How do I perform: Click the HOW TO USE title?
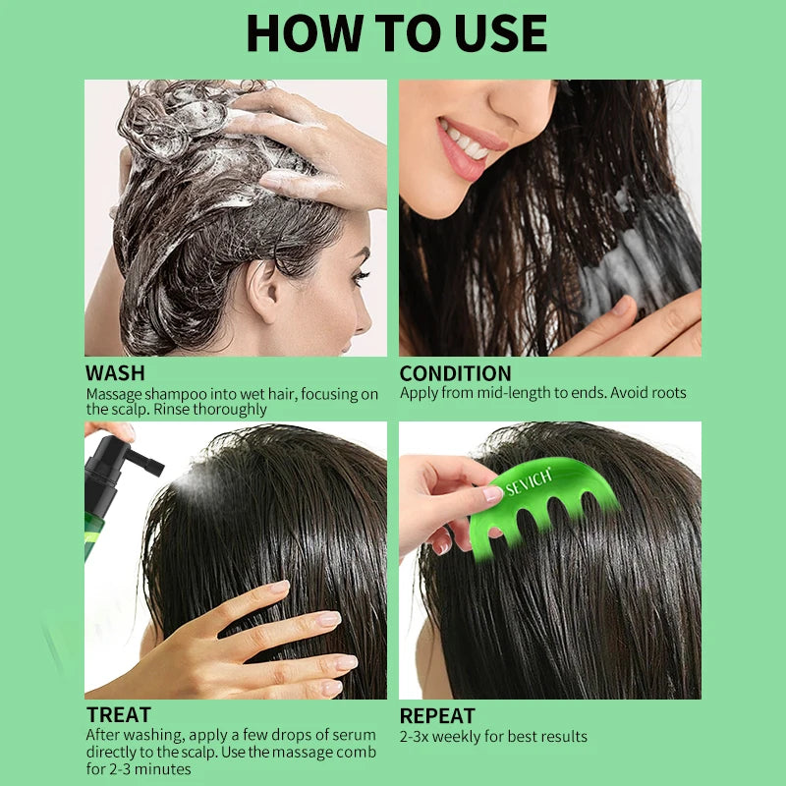(396, 33)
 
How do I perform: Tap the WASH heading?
(115, 373)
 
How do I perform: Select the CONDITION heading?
(455, 373)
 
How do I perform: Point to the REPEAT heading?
(437, 716)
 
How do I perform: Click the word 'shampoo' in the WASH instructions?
(177, 394)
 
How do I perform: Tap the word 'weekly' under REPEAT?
(463, 736)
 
